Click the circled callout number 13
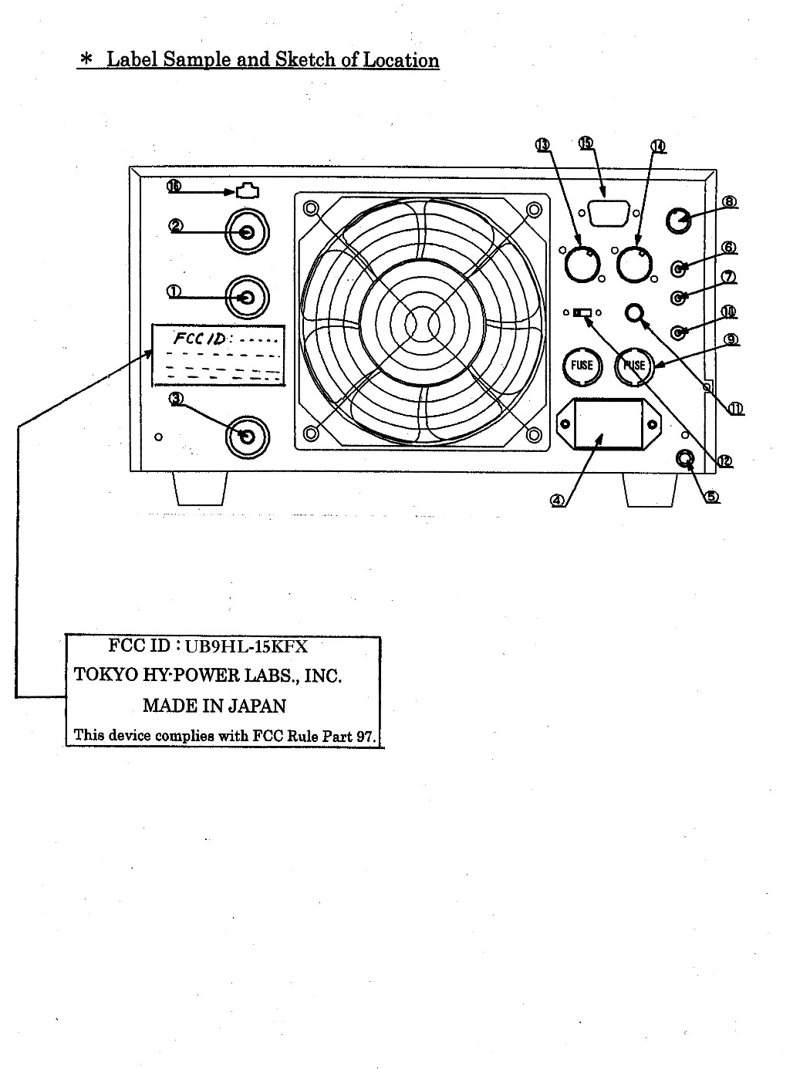pos(542,145)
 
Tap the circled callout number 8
pos(729,202)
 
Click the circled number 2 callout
pos(176,225)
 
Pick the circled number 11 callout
pos(736,409)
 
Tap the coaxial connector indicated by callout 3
pos(247,437)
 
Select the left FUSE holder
pos(582,365)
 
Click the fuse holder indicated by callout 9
pos(634,365)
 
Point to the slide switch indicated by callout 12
pos(582,313)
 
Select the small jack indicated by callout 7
pos(679,296)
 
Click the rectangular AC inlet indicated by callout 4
pos(609,425)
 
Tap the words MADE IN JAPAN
pos(214,706)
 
